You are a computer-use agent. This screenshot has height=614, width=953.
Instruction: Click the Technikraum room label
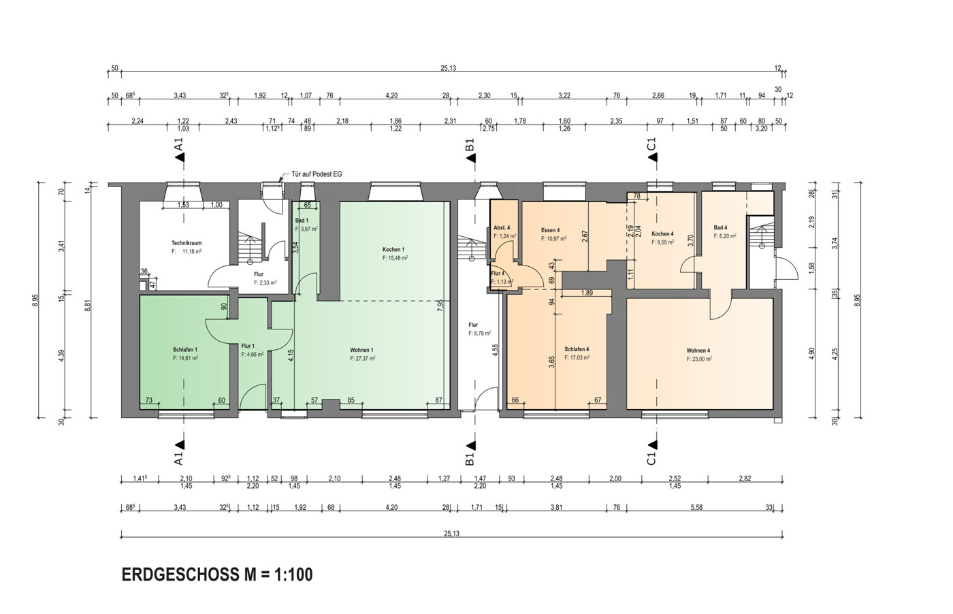186,243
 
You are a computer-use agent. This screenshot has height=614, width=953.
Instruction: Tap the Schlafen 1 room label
184,350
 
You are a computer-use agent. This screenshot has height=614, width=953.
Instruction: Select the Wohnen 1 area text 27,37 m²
363,358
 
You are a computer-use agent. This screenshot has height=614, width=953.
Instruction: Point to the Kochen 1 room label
393,250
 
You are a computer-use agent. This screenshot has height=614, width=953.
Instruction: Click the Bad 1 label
302,221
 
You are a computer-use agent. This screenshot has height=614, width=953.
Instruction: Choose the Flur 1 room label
248,346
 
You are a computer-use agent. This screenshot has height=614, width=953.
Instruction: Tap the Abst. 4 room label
502,227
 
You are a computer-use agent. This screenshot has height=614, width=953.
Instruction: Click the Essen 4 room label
550,230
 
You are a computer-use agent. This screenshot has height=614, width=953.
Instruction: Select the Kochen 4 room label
662,233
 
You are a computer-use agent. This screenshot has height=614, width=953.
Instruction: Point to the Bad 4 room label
720,227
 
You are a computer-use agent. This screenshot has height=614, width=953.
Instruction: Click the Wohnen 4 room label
698,351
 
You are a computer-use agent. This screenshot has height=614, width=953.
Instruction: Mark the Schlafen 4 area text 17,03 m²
577,357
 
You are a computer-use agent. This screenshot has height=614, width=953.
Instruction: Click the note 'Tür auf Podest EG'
317,174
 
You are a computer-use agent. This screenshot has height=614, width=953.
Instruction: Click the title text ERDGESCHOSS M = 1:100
217,575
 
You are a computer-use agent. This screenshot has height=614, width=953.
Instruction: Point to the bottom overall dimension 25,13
451,534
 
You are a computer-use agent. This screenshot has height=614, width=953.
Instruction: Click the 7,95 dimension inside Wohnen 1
441,304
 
